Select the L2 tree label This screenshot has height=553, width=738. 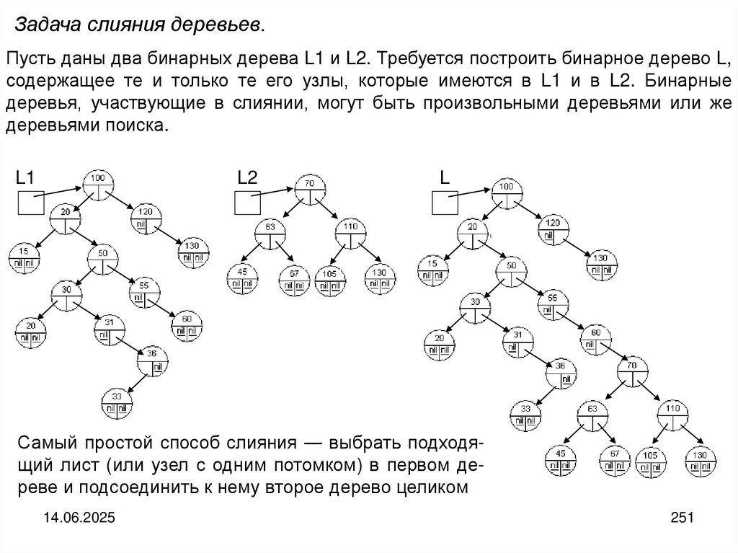pos(247,177)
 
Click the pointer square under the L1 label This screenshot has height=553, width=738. pos(30,203)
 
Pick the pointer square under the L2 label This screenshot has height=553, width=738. pos(248,203)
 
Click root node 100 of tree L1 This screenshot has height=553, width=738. pos(98,185)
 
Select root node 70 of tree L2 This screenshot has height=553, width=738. pos(310,191)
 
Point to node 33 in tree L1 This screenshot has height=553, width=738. pos(117,404)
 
